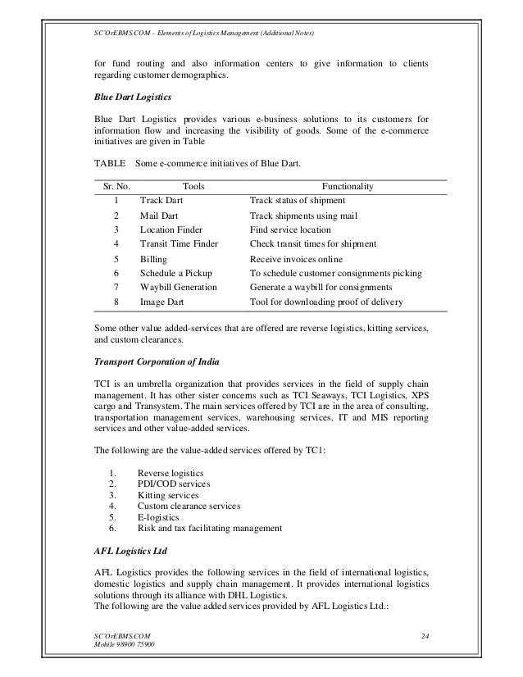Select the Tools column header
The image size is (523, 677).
point(193,187)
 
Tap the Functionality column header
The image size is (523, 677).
point(348,187)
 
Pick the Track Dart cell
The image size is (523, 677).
point(161,201)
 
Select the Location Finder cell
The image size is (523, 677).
point(171,229)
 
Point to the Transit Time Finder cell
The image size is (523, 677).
point(179,243)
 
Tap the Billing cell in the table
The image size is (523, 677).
point(153,259)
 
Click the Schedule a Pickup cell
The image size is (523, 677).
point(175,273)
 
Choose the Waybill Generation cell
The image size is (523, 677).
point(178,288)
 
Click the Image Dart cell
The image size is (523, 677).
point(161,303)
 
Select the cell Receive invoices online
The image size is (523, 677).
point(297,259)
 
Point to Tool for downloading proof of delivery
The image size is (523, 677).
point(325,303)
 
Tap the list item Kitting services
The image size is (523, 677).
point(167,496)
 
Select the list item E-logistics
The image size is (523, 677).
point(159,517)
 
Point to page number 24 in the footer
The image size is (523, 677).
point(423,636)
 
